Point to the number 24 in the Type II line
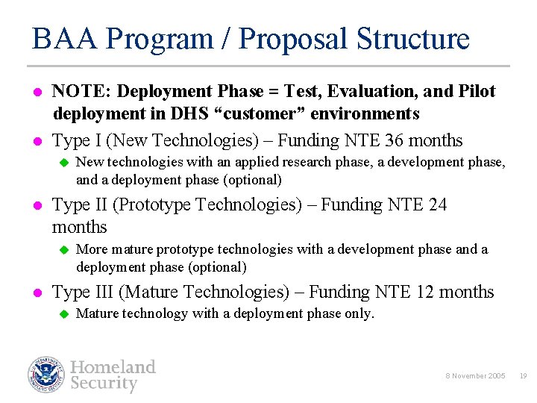pyautogui.click(x=438, y=204)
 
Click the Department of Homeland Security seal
pyautogui.click(x=47, y=375)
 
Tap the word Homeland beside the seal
pyautogui.click(x=113, y=366)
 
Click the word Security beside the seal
pyautogui.click(x=104, y=384)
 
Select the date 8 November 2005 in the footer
pyautogui.click(x=476, y=376)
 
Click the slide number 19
pyautogui.click(x=523, y=376)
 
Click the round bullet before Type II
pyautogui.click(x=36, y=205)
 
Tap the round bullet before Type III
pyautogui.click(x=36, y=293)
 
